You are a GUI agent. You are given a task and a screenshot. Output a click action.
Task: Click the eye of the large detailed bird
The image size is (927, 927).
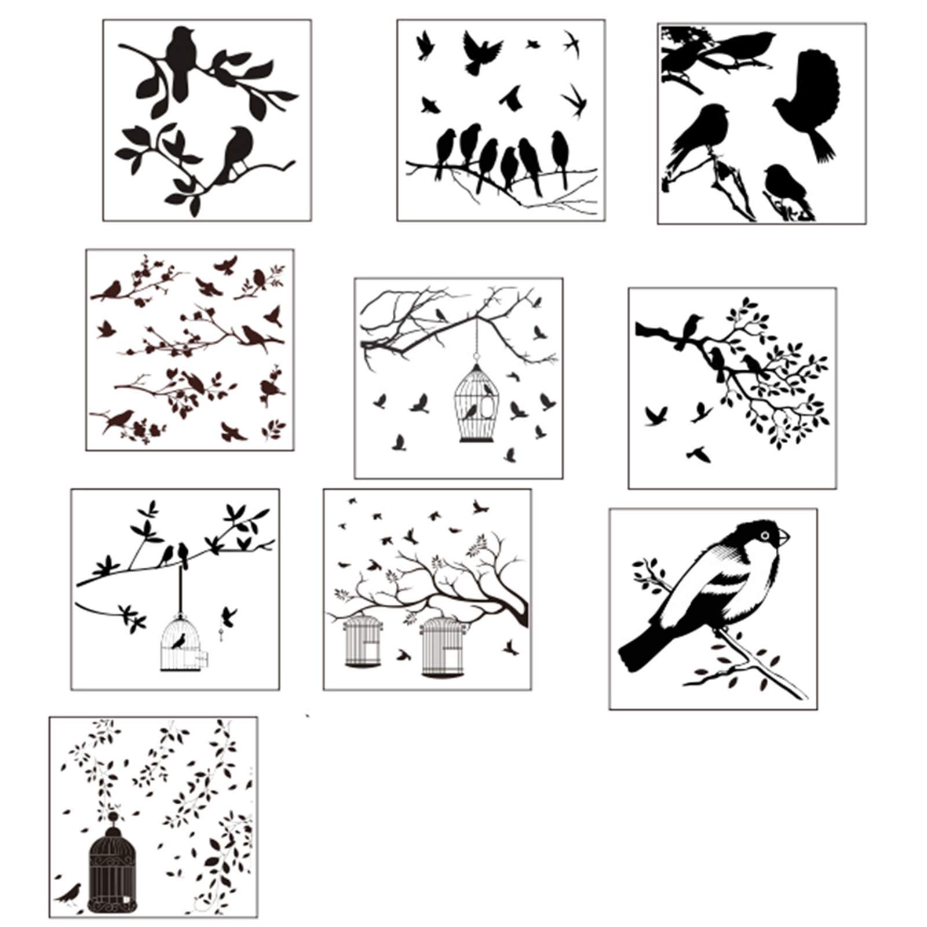[766, 535]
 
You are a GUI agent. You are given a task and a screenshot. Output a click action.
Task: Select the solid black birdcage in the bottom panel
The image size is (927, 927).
[114, 868]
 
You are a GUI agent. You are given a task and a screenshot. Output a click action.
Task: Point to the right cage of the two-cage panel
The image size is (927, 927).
[443, 646]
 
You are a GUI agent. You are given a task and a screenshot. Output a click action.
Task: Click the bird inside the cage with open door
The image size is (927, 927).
[179, 641]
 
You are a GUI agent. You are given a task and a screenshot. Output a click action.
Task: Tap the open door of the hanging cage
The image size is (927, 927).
[202, 658]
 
